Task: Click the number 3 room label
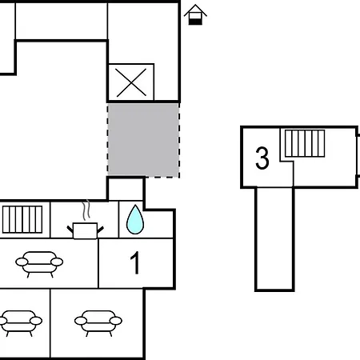click(x=262, y=158)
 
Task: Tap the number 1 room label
click(x=135, y=262)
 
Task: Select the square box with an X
click(x=131, y=82)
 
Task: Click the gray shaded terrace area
click(x=143, y=140)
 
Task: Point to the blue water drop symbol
click(x=135, y=220)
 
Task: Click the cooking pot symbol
click(x=85, y=230)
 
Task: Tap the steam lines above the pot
click(x=86, y=210)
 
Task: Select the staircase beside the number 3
click(x=305, y=143)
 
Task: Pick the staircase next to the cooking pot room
click(x=22, y=219)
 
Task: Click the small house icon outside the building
click(x=195, y=15)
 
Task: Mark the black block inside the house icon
click(x=195, y=22)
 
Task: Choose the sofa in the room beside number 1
click(x=39, y=264)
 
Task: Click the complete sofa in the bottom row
click(x=98, y=323)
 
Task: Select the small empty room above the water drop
click(x=126, y=190)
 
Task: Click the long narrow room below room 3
click(x=274, y=238)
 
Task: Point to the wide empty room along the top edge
click(x=62, y=22)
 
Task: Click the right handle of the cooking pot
click(x=101, y=230)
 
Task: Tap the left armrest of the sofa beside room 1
click(x=22, y=262)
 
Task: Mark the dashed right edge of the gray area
click(x=179, y=140)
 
